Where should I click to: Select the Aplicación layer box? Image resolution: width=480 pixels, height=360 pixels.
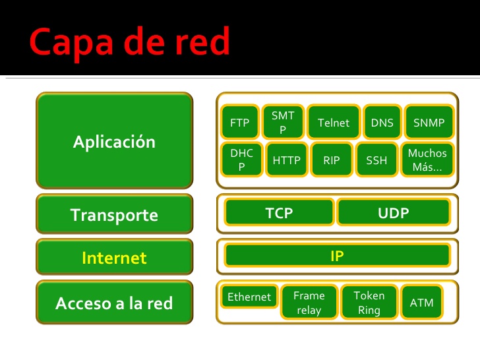115,141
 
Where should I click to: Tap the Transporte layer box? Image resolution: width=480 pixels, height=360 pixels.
115,214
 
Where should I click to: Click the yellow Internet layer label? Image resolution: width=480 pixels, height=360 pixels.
115,258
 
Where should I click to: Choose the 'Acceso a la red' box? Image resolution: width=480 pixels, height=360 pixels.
115,303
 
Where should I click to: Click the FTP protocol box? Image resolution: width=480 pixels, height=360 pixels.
239,123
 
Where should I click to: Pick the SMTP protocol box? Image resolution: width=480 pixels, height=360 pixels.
283,123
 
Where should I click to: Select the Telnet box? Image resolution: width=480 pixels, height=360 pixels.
333,123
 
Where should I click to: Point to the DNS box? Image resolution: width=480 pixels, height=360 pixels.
382,123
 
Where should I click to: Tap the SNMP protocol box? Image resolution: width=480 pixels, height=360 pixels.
429,123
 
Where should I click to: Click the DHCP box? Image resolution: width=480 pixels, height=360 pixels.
241,160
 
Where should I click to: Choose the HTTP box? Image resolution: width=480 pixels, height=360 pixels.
287,160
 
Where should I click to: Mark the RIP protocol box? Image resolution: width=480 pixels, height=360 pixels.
332,160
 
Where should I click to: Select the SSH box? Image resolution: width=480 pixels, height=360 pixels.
376,160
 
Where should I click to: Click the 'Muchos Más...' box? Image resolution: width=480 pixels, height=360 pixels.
427,160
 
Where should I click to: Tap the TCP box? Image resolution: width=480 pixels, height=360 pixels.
279,213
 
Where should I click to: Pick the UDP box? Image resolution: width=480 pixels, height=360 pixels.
394,213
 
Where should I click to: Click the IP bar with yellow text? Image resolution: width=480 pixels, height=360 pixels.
337,256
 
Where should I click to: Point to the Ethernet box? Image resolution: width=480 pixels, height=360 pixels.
249,297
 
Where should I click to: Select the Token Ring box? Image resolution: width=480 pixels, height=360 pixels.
369,303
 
